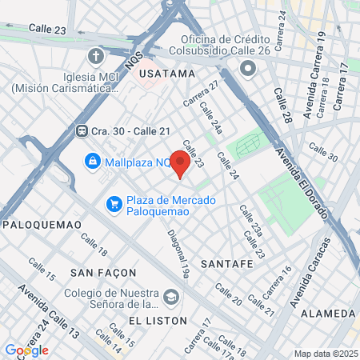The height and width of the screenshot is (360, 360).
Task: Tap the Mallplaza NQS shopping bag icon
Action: (x=94, y=162)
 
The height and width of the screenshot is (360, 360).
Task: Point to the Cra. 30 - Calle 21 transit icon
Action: (x=82, y=131)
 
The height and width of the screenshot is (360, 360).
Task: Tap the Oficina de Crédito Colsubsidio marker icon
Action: (x=248, y=69)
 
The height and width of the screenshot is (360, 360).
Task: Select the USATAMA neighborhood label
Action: (x=166, y=74)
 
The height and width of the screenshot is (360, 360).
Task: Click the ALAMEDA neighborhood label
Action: (x=327, y=313)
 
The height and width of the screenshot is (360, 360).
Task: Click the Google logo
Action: (x=26, y=350)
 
